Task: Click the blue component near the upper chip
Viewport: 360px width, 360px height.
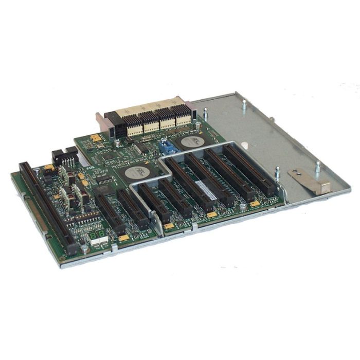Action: (166, 146)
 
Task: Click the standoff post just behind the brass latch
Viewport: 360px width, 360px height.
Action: (317, 167)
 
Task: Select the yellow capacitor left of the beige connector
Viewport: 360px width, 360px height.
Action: (95, 138)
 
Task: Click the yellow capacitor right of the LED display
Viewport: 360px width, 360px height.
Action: (124, 239)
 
